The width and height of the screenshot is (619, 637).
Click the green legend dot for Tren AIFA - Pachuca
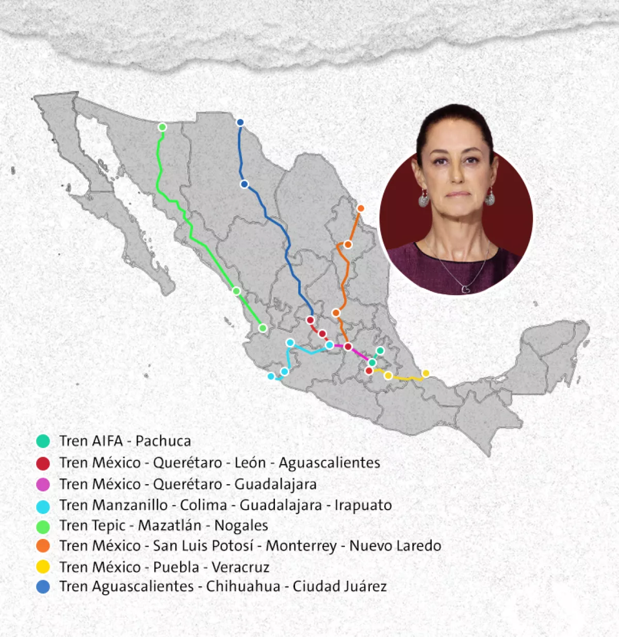[x=43, y=441]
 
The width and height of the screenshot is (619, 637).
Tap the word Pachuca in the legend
[x=163, y=441]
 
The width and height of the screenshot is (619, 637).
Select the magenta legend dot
[x=43, y=484]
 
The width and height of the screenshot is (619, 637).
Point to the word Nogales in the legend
[x=241, y=525]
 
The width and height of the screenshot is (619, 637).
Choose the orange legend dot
[x=43, y=546]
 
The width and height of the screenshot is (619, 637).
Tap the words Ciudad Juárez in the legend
[x=339, y=586]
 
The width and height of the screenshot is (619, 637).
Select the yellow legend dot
[x=43, y=567]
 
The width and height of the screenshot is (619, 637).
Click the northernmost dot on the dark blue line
[x=240, y=122]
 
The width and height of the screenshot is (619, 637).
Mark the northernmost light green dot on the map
[x=162, y=127]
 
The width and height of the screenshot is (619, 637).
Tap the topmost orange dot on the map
[x=361, y=209]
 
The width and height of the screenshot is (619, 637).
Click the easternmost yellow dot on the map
[x=426, y=373]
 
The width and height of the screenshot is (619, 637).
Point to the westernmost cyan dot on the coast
[x=271, y=376]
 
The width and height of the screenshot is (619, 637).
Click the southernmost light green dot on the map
[x=263, y=328]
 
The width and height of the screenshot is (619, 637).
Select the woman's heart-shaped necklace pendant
[x=465, y=289]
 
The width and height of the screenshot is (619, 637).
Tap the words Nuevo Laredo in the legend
[x=395, y=546]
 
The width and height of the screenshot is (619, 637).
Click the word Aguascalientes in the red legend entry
[x=329, y=463]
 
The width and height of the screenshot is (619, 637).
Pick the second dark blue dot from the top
[x=245, y=184]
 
